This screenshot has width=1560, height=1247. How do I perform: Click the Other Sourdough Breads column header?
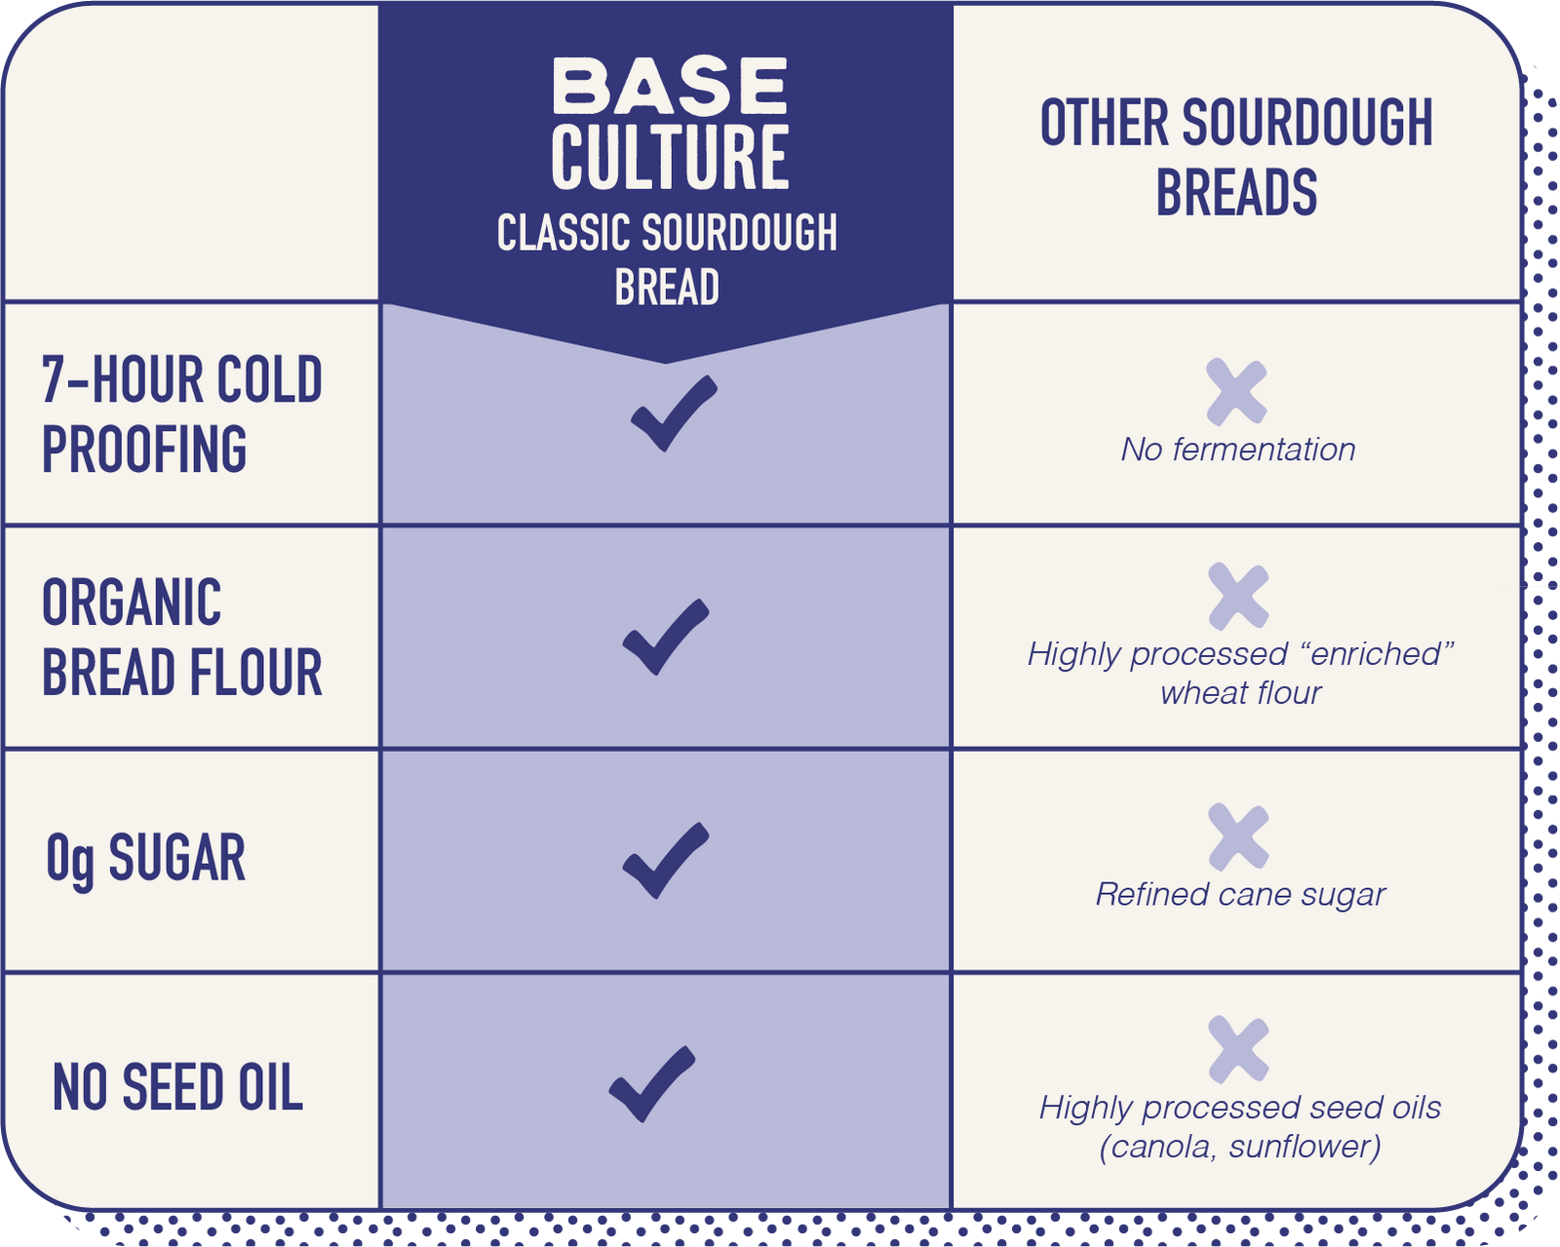point(1236,157)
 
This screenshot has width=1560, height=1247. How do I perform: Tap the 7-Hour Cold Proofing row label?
point(182,413)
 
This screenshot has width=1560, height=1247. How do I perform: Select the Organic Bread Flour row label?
point(182,637)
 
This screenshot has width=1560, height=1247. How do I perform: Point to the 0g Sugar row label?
point(145,860)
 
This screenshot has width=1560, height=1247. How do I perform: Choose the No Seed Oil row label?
point(177,1086)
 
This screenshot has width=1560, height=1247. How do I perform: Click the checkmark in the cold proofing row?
point(674,413)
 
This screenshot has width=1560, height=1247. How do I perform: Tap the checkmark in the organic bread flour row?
point(666,637)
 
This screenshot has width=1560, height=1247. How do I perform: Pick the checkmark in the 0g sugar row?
point(666,860)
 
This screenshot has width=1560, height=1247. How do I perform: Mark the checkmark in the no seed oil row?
point(651,1084)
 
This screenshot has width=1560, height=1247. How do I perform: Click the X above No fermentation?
point(1236,392)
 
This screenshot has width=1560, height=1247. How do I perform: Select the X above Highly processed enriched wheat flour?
point(1238,596)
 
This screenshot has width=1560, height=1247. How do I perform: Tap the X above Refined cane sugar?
point(1238,837)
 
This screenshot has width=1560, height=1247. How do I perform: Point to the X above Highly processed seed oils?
point(1238,1049)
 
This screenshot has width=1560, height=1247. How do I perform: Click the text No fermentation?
point(1238,449)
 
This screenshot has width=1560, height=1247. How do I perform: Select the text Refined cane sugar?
point(1240,895)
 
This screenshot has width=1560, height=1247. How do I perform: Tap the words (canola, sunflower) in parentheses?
point(1239,1147)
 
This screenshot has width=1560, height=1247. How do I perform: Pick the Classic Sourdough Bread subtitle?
point(667,258)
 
